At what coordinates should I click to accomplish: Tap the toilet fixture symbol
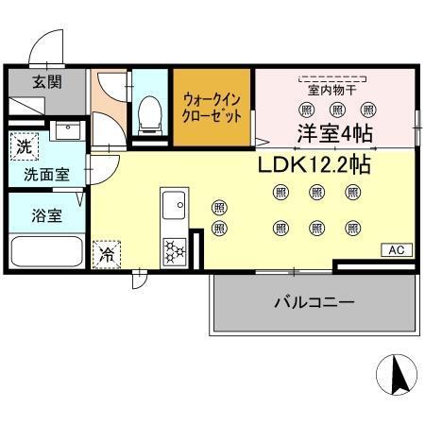coord(149,115)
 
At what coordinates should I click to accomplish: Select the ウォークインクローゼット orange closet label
coord(212,106)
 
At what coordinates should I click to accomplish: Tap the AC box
coord(396,249)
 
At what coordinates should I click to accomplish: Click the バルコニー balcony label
coord(314,303)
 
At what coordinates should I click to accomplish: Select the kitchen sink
coord(173,204)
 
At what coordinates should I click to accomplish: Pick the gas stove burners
coord(175,248)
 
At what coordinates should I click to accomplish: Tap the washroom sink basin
coord(65,131)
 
